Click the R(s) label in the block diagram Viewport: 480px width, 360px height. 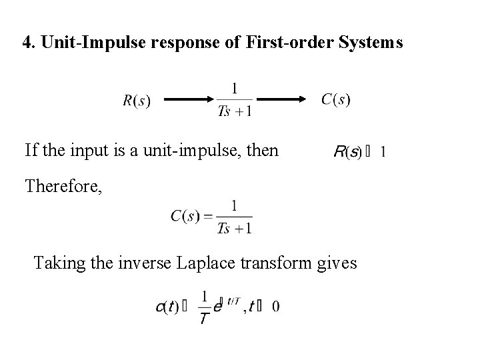pos(137,101)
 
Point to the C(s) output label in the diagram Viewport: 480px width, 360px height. pos(335,100)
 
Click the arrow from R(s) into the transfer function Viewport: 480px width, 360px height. pos(189,101)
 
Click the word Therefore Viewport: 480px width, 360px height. pos(63,186)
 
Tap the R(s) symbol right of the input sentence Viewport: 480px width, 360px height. pos(347,152)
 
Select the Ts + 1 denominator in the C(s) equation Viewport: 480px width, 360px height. pos(235,228)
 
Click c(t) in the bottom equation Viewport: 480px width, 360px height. pos(169,307)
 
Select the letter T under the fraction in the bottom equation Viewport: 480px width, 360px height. pos(205,318)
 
